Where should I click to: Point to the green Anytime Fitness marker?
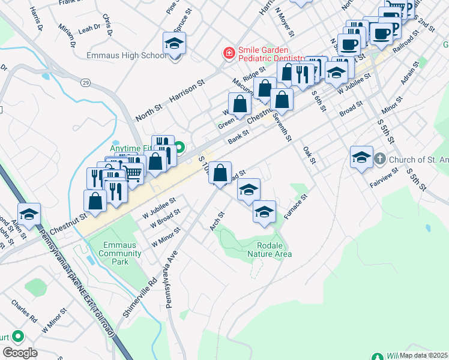click(179, 147)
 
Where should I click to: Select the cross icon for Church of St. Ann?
click(380, 160)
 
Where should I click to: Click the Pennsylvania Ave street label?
click(170, 279)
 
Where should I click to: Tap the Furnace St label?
click(296, 206)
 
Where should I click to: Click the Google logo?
click(19, 352)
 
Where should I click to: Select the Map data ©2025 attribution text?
click(424, 355)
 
